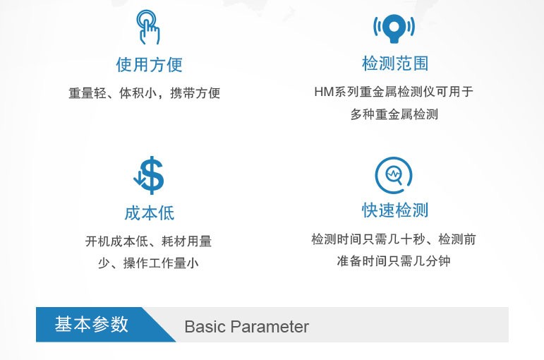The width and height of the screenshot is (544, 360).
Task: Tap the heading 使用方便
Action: (x=149, y=64)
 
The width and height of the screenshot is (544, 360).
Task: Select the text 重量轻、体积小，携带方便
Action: (x=145, y=93)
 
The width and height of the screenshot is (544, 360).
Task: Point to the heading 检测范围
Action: (x=395, y=64)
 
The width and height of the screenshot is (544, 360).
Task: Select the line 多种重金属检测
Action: (x=394, y=114)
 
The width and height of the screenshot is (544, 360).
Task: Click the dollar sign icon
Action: (x=152, y=175)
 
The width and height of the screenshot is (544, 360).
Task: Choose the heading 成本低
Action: (x=149, y=212)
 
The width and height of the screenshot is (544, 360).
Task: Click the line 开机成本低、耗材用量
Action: (x=148, y=241)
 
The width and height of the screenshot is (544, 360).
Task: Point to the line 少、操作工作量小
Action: (x=148, y=263)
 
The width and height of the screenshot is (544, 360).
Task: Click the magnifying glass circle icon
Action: (x=394, y=175)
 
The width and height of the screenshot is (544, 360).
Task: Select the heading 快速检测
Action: (x=395, y=210)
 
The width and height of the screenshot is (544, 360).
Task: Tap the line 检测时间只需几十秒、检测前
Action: (x=394, y=239)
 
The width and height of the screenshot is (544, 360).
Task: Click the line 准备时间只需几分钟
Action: (x=394, y=261)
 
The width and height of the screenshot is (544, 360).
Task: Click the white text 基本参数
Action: (x=92, y=324)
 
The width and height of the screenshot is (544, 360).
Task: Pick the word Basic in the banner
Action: (x=205, y=327)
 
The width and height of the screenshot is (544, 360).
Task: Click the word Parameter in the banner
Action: (x=270, y=327)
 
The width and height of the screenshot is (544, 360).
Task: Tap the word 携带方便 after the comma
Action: (x=195, y=93)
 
